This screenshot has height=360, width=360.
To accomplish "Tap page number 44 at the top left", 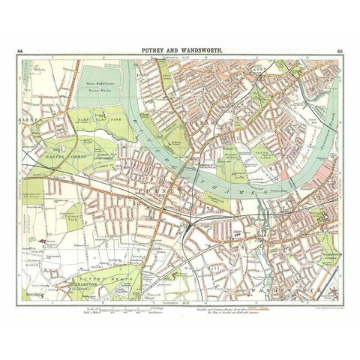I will click(29, 51).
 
